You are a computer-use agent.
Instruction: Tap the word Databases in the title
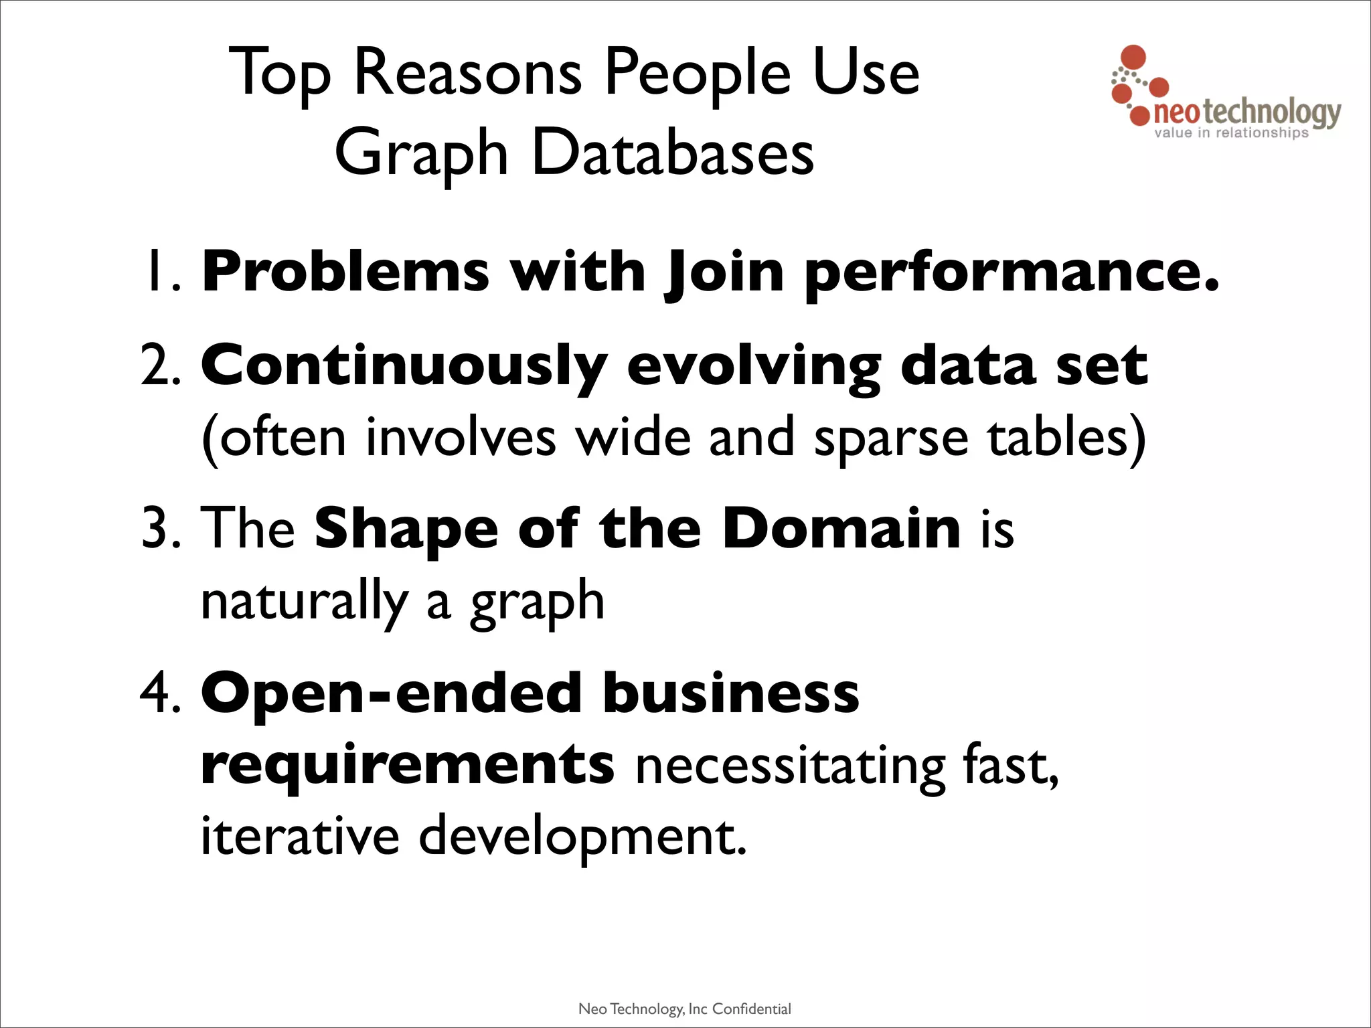(x=672, y=153)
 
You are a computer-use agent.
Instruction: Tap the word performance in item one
(x=1011, y=272)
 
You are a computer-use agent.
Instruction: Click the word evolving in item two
(x=753, y=365)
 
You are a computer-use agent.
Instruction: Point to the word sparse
(x=890, y=438)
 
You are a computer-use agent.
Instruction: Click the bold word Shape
(x=406, y=529)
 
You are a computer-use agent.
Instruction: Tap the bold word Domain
(x=841, y=529)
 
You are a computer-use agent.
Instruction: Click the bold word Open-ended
(x=391, y=693)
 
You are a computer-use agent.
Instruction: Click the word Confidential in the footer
(x=751, y=1009)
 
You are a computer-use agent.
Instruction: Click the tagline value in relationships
(x=1231, y=133)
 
